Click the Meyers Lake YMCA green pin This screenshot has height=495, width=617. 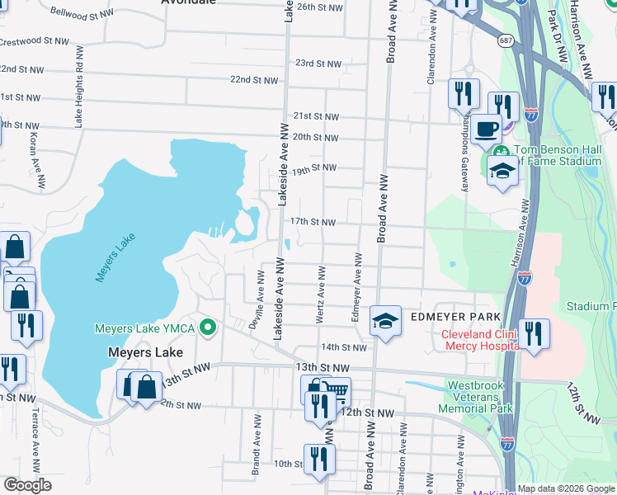(208, 328)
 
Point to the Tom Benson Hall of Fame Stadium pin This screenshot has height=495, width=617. (501, 152)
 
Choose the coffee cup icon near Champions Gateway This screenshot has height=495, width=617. (487, 129)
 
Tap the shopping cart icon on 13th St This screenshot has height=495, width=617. (336, 393)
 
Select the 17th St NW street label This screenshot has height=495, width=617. (313, 222)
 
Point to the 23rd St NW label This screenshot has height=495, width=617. (318, 64)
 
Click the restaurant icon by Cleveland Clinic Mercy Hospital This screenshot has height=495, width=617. (535, 336)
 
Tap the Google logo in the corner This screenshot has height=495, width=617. (27, 485)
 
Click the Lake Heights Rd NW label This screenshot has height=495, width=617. (79, 97)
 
